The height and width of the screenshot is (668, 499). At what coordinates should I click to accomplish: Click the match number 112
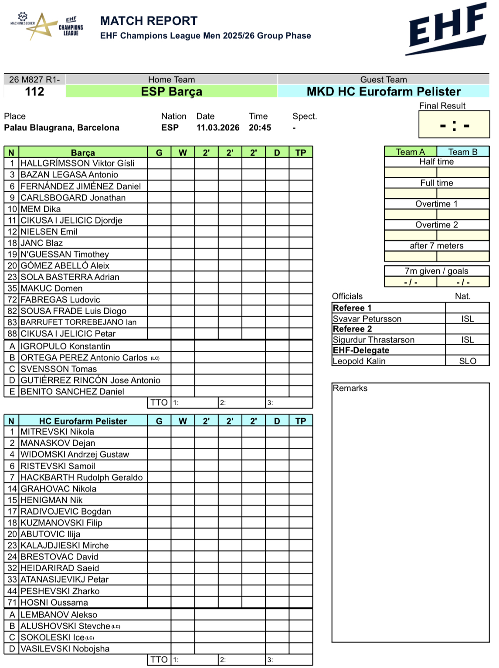[34, 92]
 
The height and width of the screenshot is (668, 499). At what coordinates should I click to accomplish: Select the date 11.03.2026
[217, 128]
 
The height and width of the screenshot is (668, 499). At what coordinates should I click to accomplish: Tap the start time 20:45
[260, 128]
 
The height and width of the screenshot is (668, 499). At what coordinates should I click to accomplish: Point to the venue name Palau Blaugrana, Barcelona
[61, 128]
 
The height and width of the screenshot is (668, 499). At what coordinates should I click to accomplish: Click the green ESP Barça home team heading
[171, 92]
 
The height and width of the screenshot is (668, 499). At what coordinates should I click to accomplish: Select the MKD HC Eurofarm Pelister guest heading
[384, 92]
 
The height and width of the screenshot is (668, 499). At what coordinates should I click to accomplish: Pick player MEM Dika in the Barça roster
[41, 209]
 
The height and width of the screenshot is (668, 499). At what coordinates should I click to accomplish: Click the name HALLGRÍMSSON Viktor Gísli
[78, 163]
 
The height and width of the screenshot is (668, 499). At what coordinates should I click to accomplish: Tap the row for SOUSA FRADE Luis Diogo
[73, 311]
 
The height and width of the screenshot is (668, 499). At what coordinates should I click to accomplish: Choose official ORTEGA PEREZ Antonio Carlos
[84, 358]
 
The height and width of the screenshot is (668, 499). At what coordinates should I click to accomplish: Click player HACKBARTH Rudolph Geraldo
[81, 478]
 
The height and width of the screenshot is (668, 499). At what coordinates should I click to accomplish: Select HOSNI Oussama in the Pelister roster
[54, 603]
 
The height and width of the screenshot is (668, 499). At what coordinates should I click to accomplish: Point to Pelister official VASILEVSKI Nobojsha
[65, 649]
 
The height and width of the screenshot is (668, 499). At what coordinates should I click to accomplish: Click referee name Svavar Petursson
[367, 319]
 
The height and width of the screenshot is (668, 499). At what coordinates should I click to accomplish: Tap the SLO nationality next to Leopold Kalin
[468, 361]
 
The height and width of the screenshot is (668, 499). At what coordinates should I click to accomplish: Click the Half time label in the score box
[436, 162]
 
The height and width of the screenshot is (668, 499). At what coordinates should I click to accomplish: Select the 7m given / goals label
[436, 271]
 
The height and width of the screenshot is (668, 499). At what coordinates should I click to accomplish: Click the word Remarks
[350, 388]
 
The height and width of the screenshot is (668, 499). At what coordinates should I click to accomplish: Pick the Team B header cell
[463, 152]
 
